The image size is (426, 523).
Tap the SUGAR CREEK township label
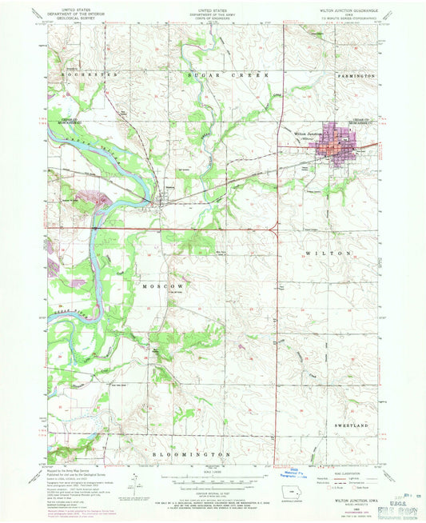tap(221, 74)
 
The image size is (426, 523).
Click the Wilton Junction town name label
tap(308, 134)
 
